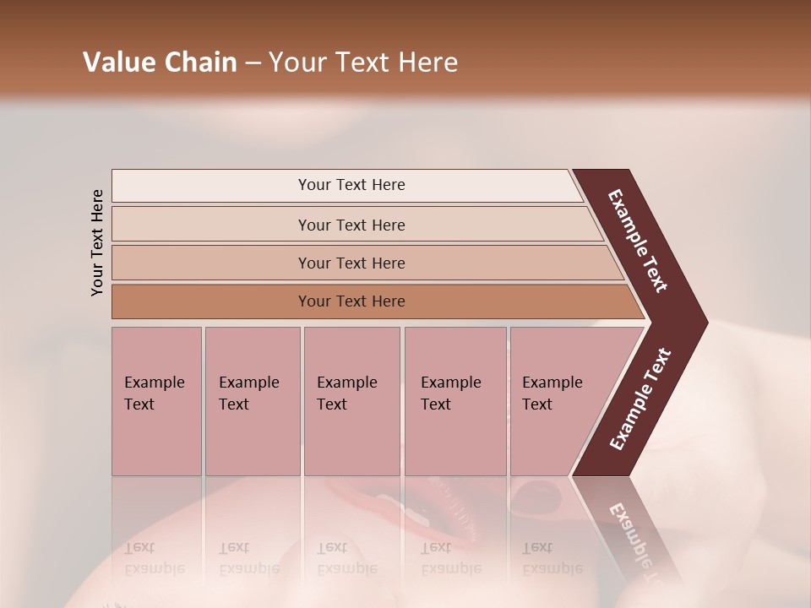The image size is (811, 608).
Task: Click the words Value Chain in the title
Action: point(160,62)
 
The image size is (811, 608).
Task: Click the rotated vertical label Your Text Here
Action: point(97,242)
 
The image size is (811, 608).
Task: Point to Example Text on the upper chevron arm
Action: point(638,241)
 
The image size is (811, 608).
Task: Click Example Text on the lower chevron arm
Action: point(640,399)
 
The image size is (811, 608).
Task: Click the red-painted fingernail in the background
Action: point(536,492)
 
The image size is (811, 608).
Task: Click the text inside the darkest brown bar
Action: point(351,301)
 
